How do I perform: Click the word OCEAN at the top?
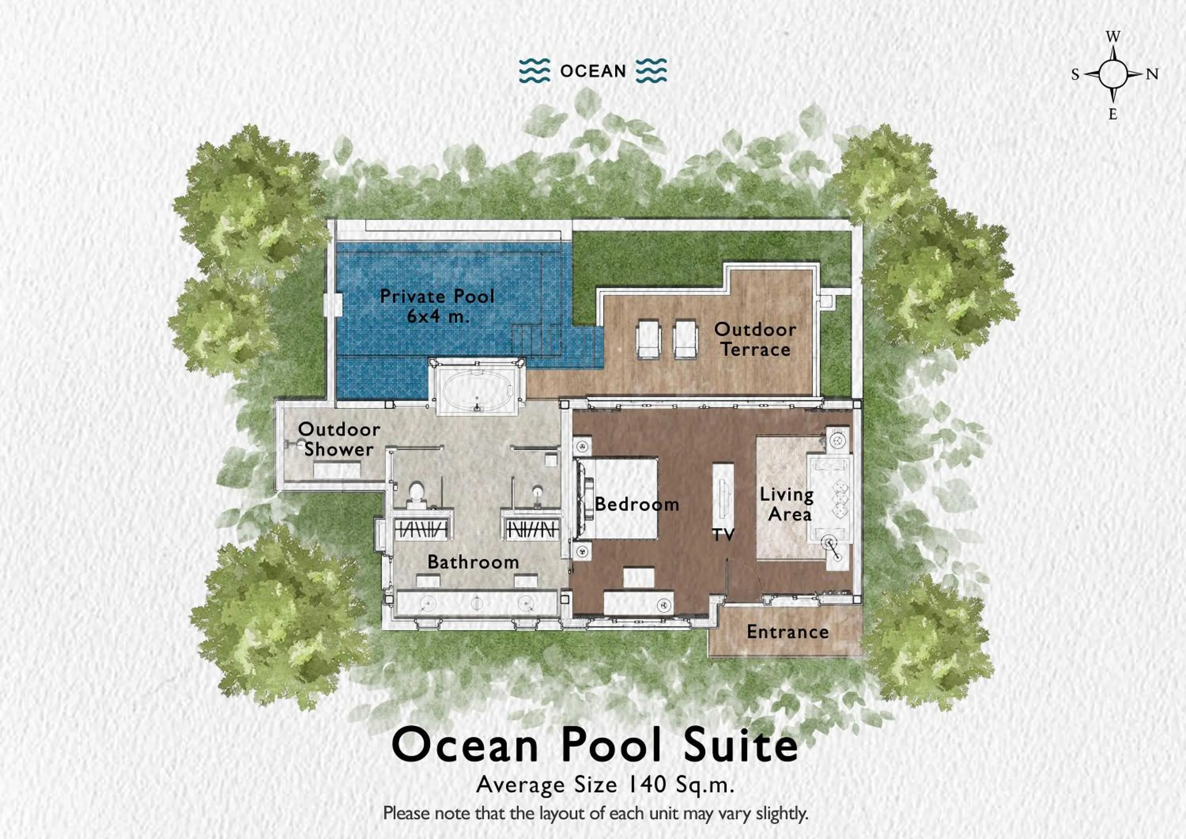tap(593, 71)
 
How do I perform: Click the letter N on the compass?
tap(1152, 74)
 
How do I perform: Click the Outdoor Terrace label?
tap(755, 339)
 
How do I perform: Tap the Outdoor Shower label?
tap(338, 439)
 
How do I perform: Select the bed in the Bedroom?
tap(620, 497)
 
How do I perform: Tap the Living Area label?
tap(787, 504)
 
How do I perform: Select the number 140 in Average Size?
tap(645, 784)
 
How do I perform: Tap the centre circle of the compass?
tap(1113, 74)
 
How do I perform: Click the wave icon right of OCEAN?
tap(651, 70)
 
